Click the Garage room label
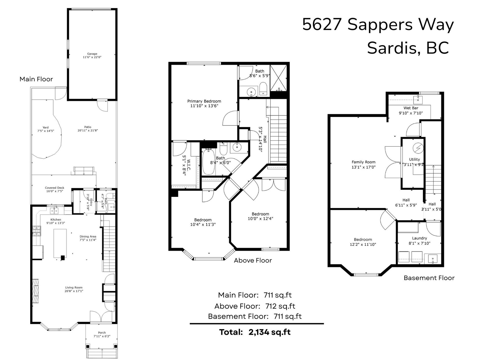point(92,54)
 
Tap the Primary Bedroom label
point(204,101)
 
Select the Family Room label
point(364,162)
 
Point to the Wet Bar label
point(411,108)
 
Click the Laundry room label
point(419,238)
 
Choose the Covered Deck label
point(54,188)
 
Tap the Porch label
point(102,333)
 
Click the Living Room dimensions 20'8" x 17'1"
point(74,291)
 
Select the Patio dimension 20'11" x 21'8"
point(88,130)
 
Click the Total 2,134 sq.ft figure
point(269,332)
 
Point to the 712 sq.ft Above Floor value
point(280,306)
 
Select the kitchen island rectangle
point(60,243)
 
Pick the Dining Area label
point(88,236)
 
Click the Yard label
point(45,127)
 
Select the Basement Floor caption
point(429,278)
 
